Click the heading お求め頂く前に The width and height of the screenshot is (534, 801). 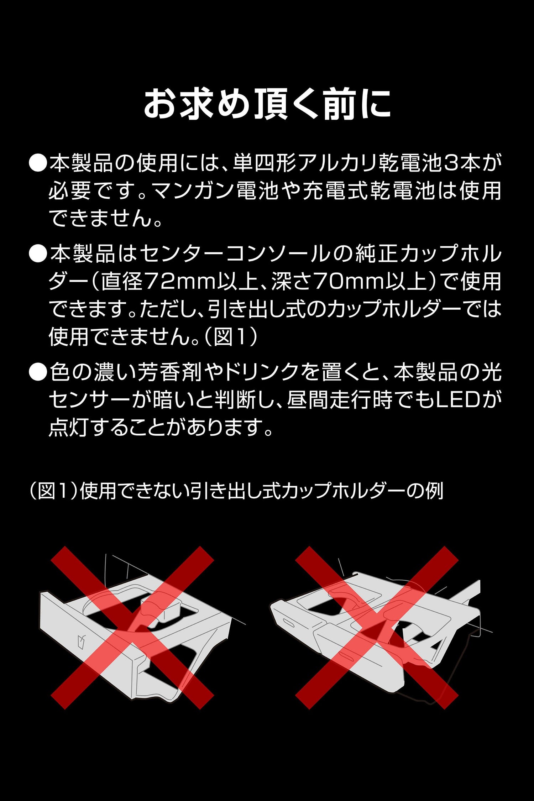pos(267,104)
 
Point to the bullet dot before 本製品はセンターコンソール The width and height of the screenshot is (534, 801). pos(38,254)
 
